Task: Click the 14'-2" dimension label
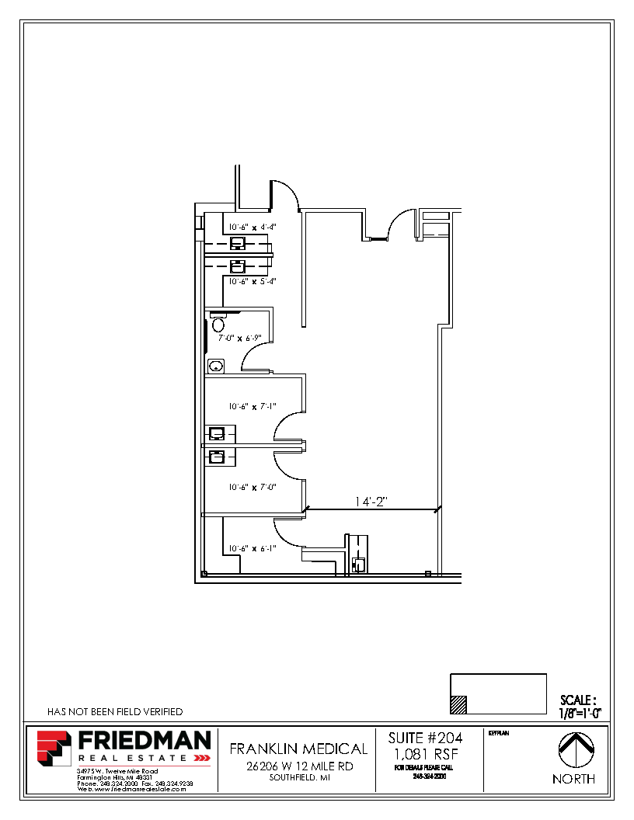(371, 502)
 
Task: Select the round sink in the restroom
(215, 365)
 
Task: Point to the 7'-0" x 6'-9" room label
(239, 338)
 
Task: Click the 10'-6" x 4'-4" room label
(252, 227)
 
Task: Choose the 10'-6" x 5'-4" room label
(252, 281)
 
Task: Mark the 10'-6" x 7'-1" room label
(252, 405)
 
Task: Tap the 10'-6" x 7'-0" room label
(252, 487)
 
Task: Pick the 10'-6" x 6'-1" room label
(252, 548)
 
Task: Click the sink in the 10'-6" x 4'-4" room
(237, 242)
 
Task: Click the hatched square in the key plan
(459, 704)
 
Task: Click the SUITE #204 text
(425, 738)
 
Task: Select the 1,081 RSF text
(425, 754)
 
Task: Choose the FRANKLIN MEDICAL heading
(298, 749)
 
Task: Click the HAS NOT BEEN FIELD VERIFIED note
(115, 711)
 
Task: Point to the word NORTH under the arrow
(573, 779)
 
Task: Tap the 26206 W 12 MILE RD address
(298, 766)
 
